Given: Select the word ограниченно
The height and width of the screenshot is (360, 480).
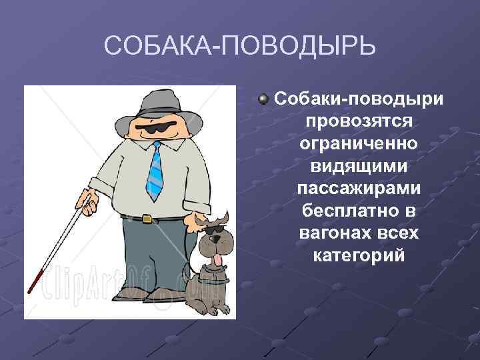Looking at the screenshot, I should click(x=359, y=143).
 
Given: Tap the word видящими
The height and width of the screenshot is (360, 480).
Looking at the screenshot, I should click(x=359, y=166).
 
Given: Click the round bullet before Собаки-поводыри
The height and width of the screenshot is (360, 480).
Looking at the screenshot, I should click(x=264, y=99).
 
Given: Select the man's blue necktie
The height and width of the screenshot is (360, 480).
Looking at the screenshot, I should click(x=155, y=172).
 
